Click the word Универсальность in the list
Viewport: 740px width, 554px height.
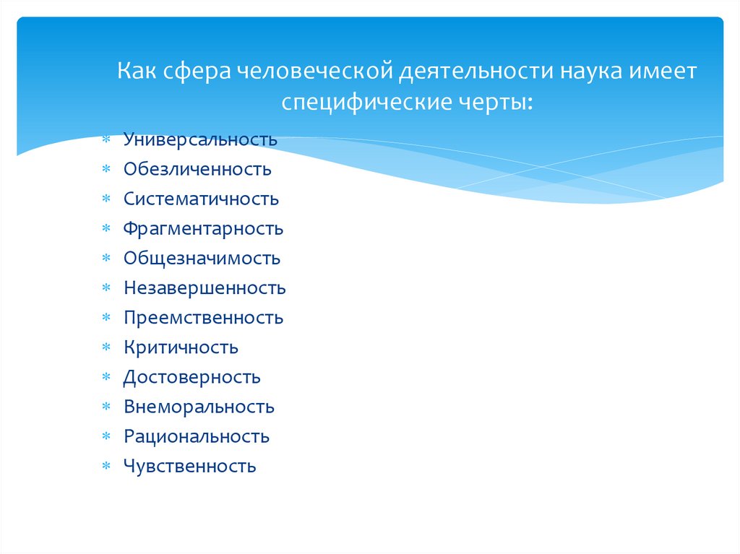200,139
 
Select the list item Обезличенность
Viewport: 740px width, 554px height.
197,169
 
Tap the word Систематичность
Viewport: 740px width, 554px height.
201,199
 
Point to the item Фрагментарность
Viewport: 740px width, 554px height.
203,229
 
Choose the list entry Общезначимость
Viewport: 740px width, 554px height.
202,259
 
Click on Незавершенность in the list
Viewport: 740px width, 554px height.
205,288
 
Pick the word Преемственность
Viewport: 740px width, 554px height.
203,318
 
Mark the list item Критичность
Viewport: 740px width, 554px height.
181,347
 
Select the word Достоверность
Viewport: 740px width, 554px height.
192,377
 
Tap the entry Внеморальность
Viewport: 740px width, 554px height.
199,407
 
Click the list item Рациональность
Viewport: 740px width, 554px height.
197,436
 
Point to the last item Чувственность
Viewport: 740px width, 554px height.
189,466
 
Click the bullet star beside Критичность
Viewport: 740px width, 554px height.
106,348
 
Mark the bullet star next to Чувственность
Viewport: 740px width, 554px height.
106,467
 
